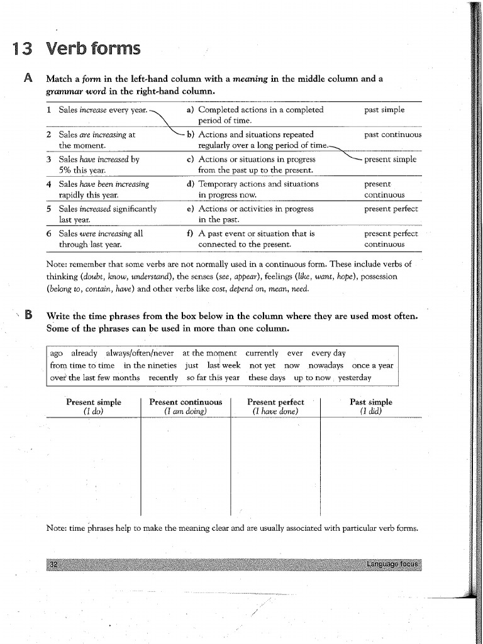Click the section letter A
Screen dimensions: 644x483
[x=28, y=79]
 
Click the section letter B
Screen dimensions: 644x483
[x=28, y=316]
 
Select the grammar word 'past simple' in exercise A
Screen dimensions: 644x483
[x=384, y=109]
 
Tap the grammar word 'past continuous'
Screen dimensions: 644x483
[x=392, y=135]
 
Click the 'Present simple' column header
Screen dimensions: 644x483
[x=94, y=402]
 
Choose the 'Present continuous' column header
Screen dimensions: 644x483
[x=186, y=402]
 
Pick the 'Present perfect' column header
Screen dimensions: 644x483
[x=275, y=402]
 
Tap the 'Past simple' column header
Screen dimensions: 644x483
[x=370, y=402]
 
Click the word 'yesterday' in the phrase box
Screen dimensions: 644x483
[x=355, y=377]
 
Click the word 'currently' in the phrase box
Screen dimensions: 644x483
[x=262, y=353]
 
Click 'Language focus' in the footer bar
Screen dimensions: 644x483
[x=392, y=563]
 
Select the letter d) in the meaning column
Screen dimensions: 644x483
[x=190, y=184]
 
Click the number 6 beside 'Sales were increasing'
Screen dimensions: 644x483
[x=49, y=233]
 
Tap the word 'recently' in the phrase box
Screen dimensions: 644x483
[x=163, y=377]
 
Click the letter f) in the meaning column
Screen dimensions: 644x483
[x=190, y=233]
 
